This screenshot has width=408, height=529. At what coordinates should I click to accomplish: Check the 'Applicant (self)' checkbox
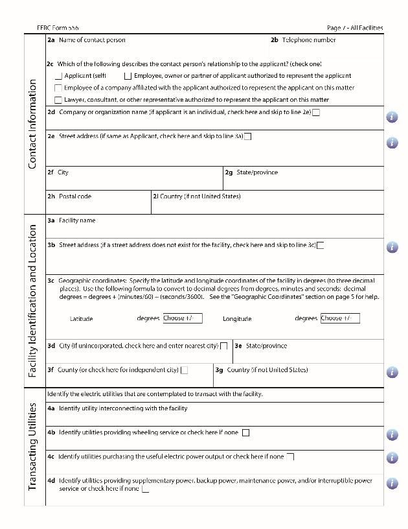[x=59, y=76]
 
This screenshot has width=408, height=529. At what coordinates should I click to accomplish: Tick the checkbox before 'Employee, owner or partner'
[x=128, y=76]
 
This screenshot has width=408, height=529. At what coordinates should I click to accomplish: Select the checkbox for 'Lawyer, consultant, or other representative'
[x=58, y=100]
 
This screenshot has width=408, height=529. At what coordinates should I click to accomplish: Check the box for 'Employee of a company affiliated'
[x=58, y=88]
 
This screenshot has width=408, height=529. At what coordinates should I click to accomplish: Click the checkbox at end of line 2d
[x=316, y=112]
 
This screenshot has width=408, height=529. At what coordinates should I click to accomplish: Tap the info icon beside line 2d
[x=392, y=117]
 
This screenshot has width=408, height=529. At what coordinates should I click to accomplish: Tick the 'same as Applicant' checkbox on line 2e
[x=247, y=136]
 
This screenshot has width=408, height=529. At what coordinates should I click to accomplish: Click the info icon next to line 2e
[x=392, y=143]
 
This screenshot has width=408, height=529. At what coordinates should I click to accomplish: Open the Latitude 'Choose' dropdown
[x=182, y=318]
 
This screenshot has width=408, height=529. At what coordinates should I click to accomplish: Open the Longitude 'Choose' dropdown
[x=339, y=318]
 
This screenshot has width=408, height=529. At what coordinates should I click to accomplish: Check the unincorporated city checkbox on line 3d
[x=224, y=346]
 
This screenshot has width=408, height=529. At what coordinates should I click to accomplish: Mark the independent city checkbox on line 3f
[x=185, y=370]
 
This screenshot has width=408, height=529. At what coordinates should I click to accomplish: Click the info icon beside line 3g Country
[x=392, y=372]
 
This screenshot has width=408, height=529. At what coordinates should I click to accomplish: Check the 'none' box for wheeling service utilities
[x=245, y=432]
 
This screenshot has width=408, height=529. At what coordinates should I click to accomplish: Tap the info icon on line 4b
[x=392, y=434]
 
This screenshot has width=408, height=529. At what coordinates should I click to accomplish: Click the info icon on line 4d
[x=392, y=483]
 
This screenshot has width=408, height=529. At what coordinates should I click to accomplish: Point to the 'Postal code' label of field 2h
[x=74, y=196]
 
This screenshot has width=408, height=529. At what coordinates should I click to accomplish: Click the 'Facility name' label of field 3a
[x=76, y=220]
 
